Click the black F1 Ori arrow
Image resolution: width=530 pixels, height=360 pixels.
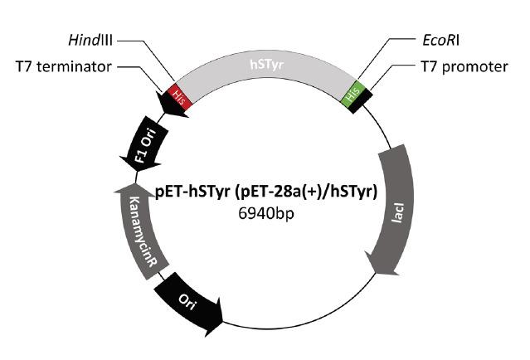click(145, 144)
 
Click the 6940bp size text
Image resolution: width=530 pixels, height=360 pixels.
click(265, 213)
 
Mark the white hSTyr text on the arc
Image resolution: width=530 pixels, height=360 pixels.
click(265, 61)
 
